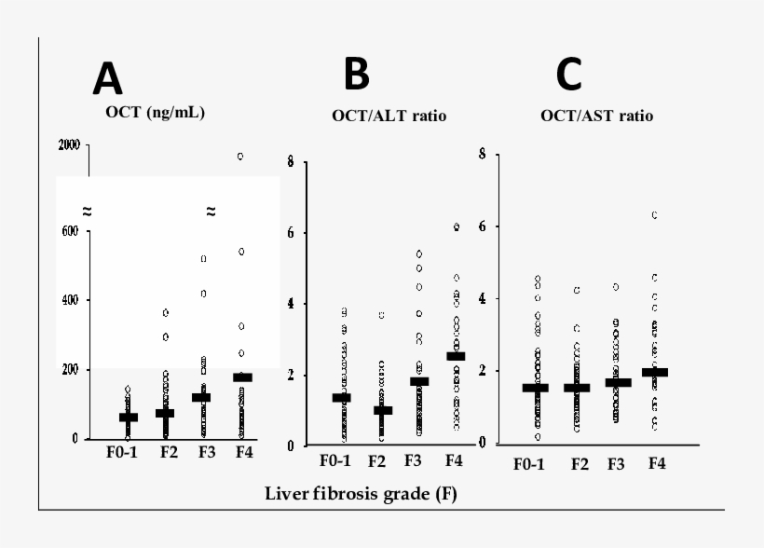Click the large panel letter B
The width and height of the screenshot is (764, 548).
pos(357,74)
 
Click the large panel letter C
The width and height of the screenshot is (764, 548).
pos(569,74)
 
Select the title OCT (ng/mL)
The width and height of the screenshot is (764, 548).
pos(155,113)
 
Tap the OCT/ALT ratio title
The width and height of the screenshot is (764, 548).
pos(389,116)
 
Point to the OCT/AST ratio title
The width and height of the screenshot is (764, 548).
pos(596,116)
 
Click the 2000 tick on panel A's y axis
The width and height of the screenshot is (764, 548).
pos(68,144)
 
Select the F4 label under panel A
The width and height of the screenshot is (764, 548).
pos(243,453)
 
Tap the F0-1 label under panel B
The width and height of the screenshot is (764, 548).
pos(335,460)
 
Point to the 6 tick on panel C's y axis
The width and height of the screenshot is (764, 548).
pos(482,226)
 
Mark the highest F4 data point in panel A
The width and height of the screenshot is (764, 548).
pos(240,157)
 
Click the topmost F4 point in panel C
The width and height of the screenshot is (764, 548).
pos(655,215)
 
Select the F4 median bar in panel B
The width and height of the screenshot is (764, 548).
pos(456,355)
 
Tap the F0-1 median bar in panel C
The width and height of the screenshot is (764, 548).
pos(535,387)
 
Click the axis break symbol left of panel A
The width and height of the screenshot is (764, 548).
pos(87,212)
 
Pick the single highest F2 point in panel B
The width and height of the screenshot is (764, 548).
pos(381,315)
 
